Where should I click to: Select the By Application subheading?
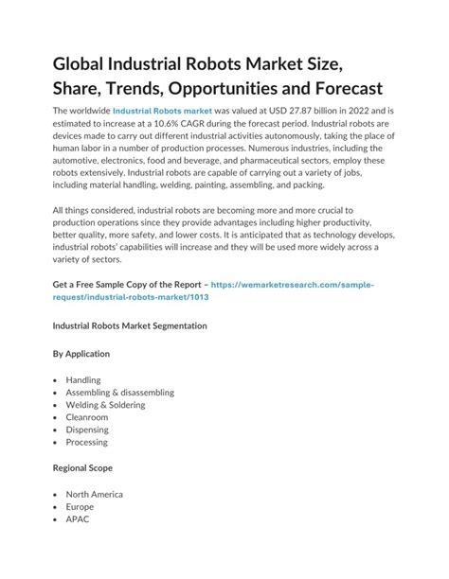[81, 354]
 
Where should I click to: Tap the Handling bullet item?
[83, 380]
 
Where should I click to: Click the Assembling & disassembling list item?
[119, 393]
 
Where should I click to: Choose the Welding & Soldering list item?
[106, 405]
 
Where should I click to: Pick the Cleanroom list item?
[87, 417]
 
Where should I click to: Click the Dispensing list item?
[88, 430]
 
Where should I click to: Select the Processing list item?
[87, 442]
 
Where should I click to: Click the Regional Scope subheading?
[83, 467]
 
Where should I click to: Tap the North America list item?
[95, 494]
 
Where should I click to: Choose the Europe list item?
[81, 506]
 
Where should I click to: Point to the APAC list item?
[78, 518]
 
